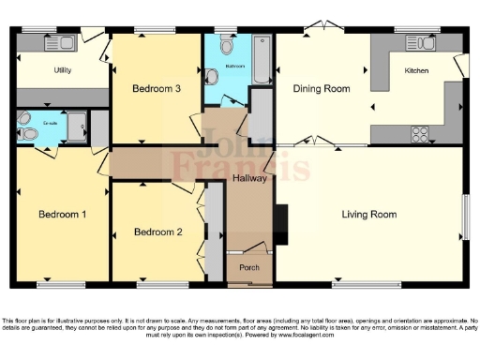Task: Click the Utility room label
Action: click(64, 70)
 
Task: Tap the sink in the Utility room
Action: click(66, 43)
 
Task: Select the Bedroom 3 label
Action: click(156, 89)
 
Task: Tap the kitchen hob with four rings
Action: click(419, 133)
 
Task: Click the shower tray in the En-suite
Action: click(77, 126)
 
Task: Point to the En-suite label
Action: click(51, 122)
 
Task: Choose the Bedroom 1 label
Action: click(62, 215)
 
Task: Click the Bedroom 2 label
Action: click(157, 232)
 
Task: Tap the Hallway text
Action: click(250, 178)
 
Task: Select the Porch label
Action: click(249, 267)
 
